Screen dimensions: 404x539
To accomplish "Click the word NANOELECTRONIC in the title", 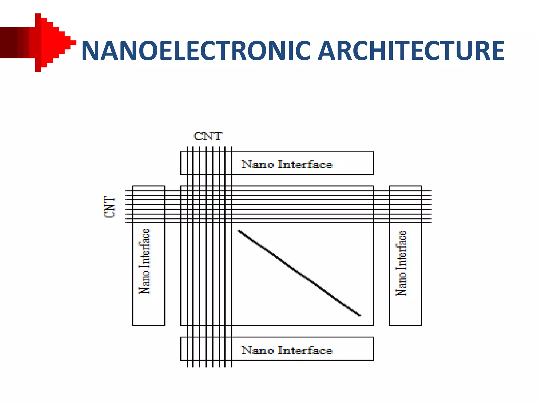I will click(196, 50).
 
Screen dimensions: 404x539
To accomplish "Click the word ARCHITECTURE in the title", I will click(411, 50).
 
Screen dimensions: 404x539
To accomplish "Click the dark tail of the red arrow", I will click(11, 42).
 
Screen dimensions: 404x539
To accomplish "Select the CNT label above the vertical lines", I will click(208, 136).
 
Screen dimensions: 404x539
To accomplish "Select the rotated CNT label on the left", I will click(109, 207).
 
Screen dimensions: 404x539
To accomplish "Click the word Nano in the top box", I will click(257, 165).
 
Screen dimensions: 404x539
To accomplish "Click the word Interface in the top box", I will click(305, 165).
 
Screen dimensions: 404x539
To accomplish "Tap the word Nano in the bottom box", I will click(257, 350).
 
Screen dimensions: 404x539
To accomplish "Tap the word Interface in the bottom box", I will click(305, 350).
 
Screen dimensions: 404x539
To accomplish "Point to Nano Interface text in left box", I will click(144, 261).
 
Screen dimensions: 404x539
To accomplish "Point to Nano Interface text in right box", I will click(401, 263).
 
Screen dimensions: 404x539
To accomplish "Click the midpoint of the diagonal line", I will click(299, 273).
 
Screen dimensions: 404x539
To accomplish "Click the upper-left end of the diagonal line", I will click(239, 231).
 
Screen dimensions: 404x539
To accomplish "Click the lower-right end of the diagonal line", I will click(360, 315).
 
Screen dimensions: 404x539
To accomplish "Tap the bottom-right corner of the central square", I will click(373, 325).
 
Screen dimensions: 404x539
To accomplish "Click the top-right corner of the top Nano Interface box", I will click(373, 151).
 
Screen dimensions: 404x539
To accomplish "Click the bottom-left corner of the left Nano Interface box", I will click(133, 325).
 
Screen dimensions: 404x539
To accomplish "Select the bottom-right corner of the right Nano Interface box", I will click(421, 325).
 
